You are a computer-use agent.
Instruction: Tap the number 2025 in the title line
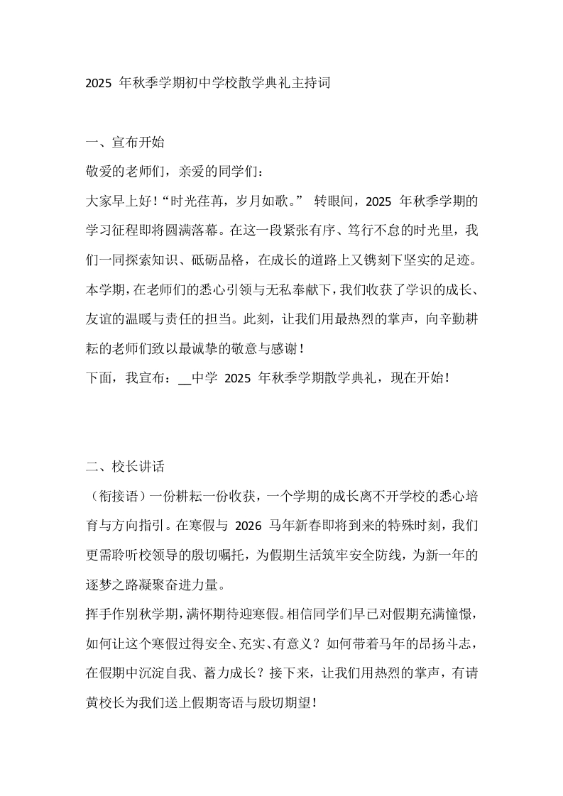(98, 83)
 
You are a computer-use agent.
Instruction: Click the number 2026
(248, 526)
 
